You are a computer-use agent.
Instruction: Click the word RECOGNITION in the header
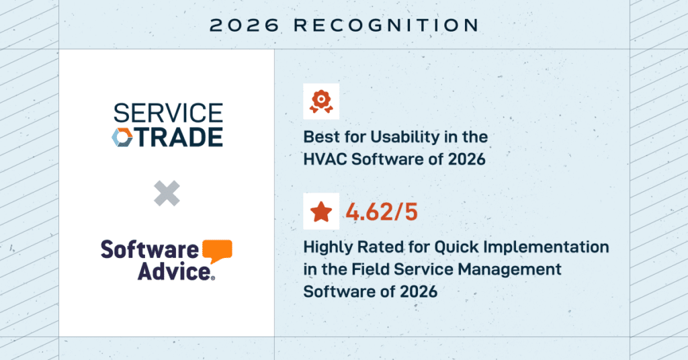coord(386,25)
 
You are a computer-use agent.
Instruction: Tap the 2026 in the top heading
coord(245,25)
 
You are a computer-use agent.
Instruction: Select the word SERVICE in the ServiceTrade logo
coord(169,113)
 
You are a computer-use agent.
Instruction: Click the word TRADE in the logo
coord(179,137)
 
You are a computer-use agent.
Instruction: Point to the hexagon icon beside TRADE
coord(122,137)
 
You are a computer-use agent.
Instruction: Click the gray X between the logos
coord(167,193)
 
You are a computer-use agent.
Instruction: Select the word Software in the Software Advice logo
coord(150,250)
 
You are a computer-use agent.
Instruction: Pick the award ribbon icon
coord(321,101)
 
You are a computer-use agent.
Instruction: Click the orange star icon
coord(321,212)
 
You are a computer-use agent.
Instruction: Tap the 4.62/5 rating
coord(382,212)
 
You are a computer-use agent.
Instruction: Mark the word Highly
coord(328,248)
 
